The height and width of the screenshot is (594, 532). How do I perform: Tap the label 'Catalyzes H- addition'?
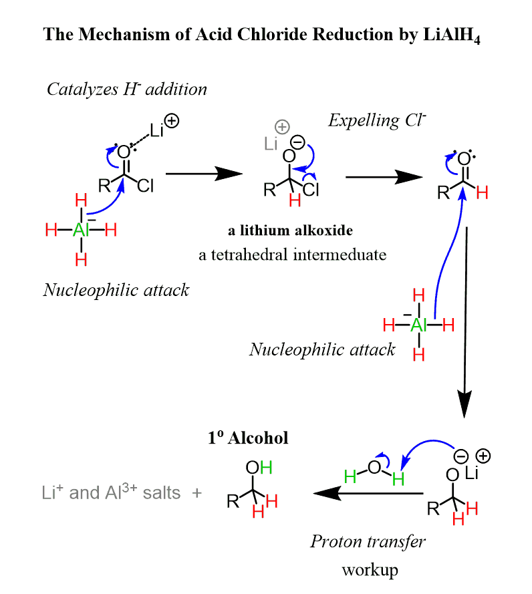click(x=126, y=89)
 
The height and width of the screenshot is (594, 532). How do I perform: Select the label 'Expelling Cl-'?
click(x=377, y=120)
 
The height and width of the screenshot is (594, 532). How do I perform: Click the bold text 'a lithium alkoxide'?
click(x=290, y=231)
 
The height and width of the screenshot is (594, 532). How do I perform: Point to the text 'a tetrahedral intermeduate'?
click(x=293, y=254)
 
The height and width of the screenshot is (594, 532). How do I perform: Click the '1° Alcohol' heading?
click(x=247, y=438)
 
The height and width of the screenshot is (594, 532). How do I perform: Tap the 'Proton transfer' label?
click(x=368, y=541)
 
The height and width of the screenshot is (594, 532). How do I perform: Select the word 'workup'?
click(x=370, y=569)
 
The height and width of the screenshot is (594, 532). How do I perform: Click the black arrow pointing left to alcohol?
click(x=368, y=494)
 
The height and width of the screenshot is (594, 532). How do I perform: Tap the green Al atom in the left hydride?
click(x=81, y=230)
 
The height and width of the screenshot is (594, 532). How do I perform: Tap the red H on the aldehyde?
click(x=482, y=193)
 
